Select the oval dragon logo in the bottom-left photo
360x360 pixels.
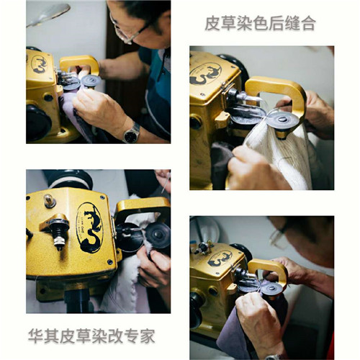pyautogui.click(x=89, y=228)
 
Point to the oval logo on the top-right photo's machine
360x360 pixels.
pyautogui.click(x=205, y=73)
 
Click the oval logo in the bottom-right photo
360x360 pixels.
pyautogui.click(x=220, y=259)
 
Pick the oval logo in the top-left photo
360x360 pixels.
pyautogui.click(x=39, y=64)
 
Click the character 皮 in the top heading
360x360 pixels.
pyautogui.click(x=212, y=23)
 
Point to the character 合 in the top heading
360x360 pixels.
pyautogui.click(x=308, y=23)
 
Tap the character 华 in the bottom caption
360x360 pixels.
pyautogui.click(x=35, y=336)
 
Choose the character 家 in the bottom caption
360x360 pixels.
pyautogui.click(x=147, y=336)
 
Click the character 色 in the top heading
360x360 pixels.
pyautogui.click(x=260, y=23)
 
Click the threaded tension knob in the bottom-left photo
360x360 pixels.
pyautogui.click(x=58, y=233)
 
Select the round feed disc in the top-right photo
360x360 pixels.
pyautogui.click(x=283, y=120)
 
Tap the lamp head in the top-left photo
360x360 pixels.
pyautogui.click(x=48, y=14)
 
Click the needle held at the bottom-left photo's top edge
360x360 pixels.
pyautogui.click(x=166, y=183)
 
